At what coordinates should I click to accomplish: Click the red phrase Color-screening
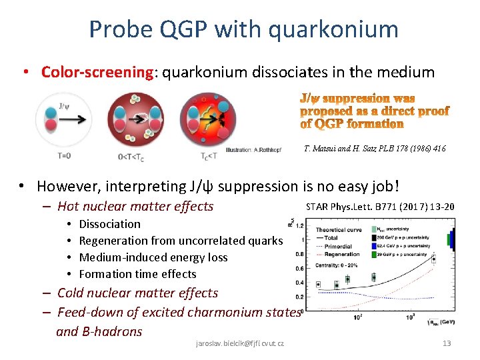[x=97, y=71]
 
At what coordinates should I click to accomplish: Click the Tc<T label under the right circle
[x=209, y=156]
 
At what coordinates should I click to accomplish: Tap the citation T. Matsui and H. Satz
[x=374, y=149]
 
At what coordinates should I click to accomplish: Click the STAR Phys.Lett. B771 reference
[x=380, y=207]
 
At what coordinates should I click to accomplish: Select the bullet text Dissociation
[x=109, y=224]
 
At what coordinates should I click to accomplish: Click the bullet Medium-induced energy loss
[x=153, y=257]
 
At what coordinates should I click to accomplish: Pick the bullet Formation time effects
[x=137, y=274]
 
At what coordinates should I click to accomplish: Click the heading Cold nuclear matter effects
[x=137, y=293]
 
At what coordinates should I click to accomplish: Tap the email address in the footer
[x=240, y=343]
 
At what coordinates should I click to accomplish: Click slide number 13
[x=447, y=343]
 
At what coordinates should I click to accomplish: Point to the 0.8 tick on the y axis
[x=300, y=254]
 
